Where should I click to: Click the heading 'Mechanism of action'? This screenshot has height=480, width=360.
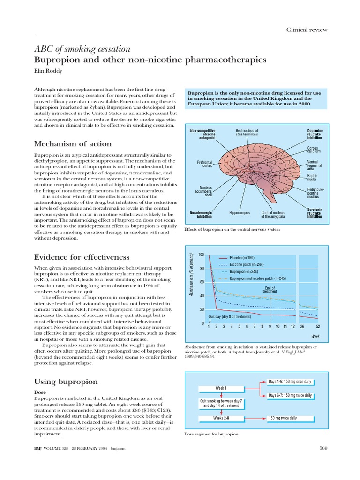73,143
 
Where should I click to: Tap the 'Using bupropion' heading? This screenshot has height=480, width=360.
66,381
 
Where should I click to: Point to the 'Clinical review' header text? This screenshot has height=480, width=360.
307,30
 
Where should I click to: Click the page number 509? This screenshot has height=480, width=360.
322,448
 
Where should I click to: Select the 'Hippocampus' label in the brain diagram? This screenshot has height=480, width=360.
239,212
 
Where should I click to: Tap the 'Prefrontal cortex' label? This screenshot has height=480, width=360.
205,164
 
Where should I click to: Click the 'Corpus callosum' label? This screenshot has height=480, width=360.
314,150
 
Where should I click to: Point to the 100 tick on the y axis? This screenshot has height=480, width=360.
201,255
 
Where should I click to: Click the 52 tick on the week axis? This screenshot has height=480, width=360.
318,326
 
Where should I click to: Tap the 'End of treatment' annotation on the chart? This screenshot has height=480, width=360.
270,290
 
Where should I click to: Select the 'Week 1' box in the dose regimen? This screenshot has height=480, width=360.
221,388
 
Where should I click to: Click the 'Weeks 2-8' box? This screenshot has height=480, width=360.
221,418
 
